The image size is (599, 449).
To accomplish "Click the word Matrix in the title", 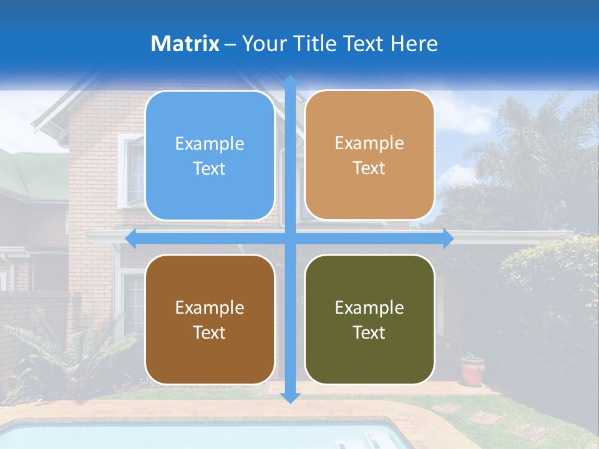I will [185, 44].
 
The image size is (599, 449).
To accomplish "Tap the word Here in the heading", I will [414, 44].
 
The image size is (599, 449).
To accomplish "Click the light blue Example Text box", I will [210, 156].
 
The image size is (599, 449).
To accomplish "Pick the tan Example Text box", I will [369, 155].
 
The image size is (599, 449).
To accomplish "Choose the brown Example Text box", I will [210, 319].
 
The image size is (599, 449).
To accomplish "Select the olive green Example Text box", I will [369, 319].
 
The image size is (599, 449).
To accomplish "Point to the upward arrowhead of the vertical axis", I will [290, 81].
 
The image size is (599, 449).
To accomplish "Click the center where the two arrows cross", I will [290, 238].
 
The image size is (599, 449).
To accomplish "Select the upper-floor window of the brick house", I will [132, 171].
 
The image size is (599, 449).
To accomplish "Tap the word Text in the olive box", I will [369, 332].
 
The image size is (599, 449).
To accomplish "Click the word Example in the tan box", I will [369, 143].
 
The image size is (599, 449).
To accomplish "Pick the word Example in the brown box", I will [210, 307].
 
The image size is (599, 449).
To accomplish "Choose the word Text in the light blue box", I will [210, 168].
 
